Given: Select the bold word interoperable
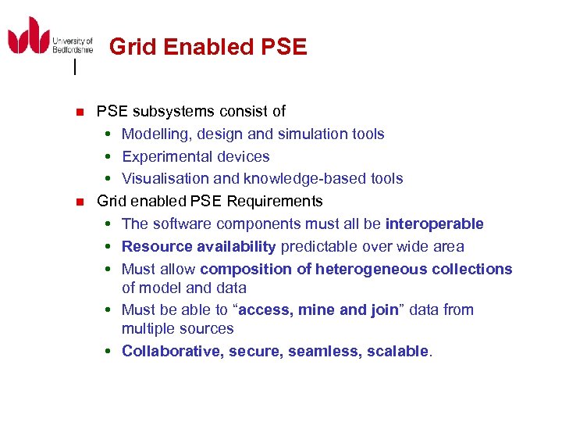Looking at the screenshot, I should click(435, 224).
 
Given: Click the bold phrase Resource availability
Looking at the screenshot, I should click(199, 247).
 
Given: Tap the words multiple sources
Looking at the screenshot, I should click(178, 329).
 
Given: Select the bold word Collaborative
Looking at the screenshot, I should click(173, 352).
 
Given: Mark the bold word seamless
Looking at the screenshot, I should click(318, 352).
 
